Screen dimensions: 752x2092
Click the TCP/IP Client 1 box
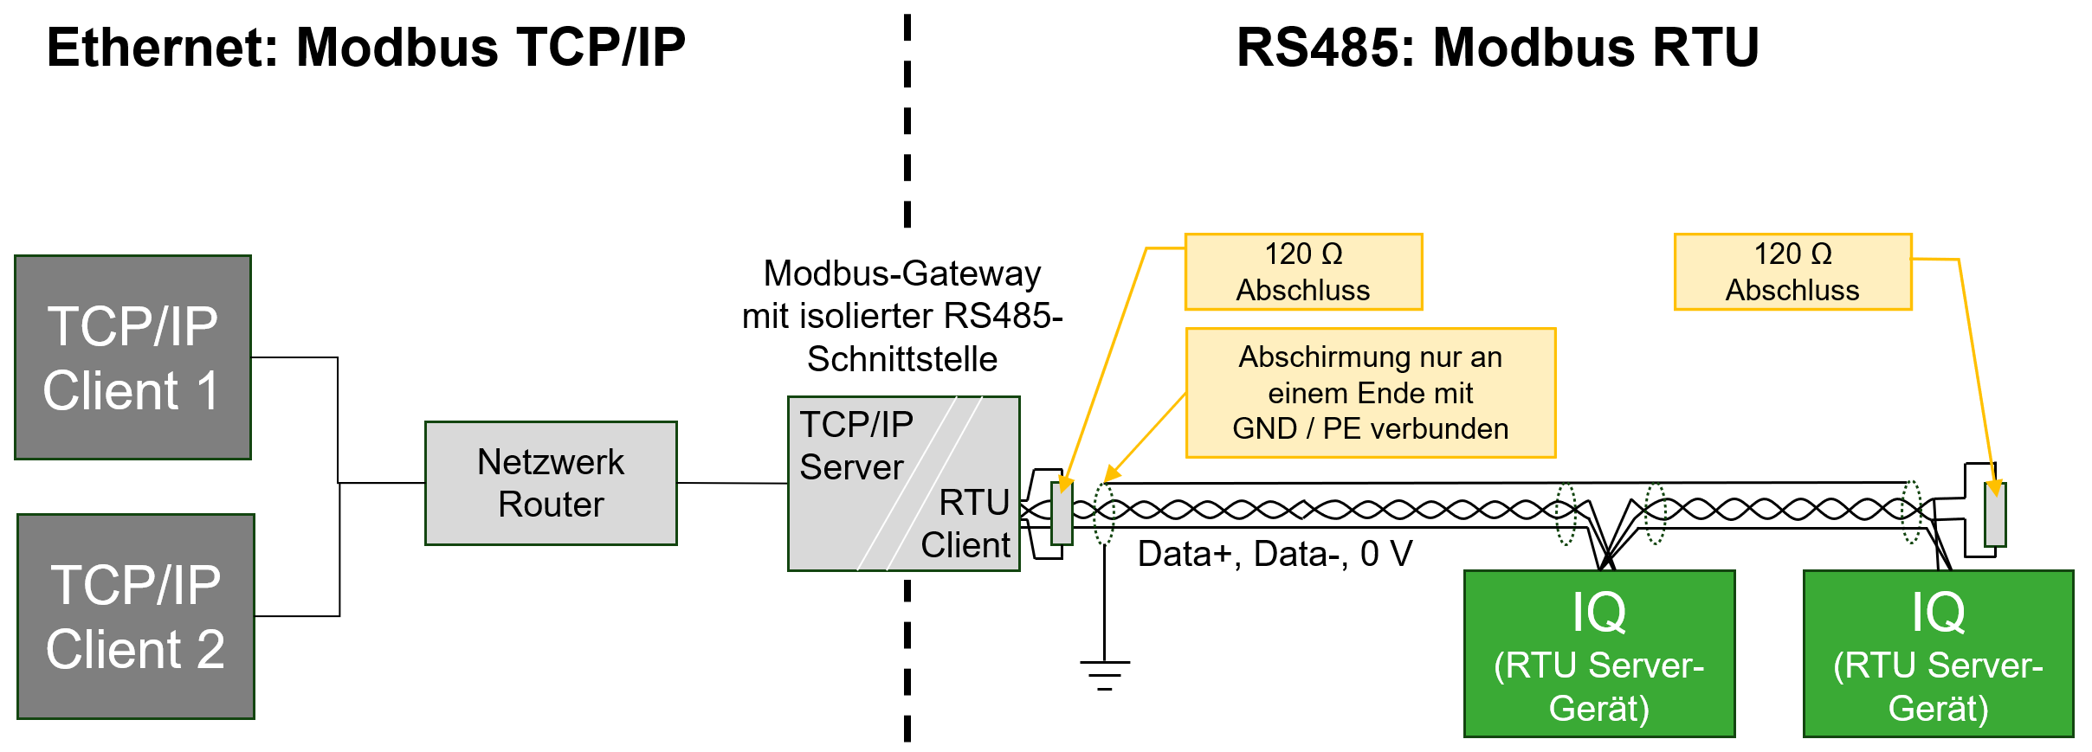132,357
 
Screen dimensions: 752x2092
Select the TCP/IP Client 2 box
136,616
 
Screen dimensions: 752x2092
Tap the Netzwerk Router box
551,483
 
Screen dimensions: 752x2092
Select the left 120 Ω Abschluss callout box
1303,272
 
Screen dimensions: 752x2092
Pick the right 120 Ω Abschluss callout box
1792,272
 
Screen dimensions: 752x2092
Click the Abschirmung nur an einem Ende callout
1370,393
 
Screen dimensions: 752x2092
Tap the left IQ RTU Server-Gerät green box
1598,653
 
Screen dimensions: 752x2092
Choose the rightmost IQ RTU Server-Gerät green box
1938,653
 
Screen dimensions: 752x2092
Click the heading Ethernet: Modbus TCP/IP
365,47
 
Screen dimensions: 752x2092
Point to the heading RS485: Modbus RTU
1497,47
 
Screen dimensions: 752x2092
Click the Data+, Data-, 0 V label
1275,554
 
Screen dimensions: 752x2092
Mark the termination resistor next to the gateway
1062,513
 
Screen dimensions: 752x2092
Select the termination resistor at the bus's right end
1995,515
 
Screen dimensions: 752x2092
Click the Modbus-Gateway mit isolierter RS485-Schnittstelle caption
902,316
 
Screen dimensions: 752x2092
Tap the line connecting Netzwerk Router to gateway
732,483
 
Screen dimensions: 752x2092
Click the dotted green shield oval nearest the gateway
1104,513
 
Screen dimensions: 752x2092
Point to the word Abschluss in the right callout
1792,290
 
